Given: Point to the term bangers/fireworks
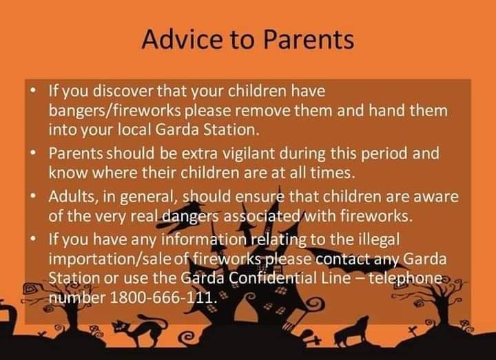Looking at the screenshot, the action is pyautogui.click(x=115, y=111).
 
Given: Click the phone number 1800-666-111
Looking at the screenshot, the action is pyautogui.click(x=163, y=297).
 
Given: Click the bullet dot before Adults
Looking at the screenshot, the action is pyautogui.click(x=33, y=196).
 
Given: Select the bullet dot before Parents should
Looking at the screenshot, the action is pyautogui.click(x=33, y=153).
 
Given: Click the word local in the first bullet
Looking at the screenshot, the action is pyautogui.click(x=134, y=129).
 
